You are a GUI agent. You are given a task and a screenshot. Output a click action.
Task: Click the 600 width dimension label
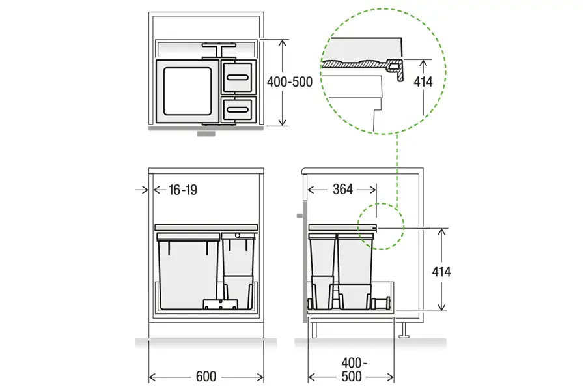point(206,376)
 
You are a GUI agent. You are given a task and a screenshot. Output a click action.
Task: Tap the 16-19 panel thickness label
point(183,190)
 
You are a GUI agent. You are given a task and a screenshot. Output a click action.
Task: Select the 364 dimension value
point(342,190)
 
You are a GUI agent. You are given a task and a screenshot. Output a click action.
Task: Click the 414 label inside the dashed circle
point(423,81)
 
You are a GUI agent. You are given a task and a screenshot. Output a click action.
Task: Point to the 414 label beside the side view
point(441,272)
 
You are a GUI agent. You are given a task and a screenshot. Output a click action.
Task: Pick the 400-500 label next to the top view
point(290,81)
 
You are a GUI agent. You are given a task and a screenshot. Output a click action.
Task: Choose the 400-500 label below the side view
point(352,369)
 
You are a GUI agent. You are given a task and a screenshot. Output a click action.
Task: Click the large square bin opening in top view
point(187,91)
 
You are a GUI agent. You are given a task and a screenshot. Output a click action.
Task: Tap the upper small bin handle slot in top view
point(238,78)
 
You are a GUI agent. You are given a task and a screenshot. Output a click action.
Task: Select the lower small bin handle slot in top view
point(238,109)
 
